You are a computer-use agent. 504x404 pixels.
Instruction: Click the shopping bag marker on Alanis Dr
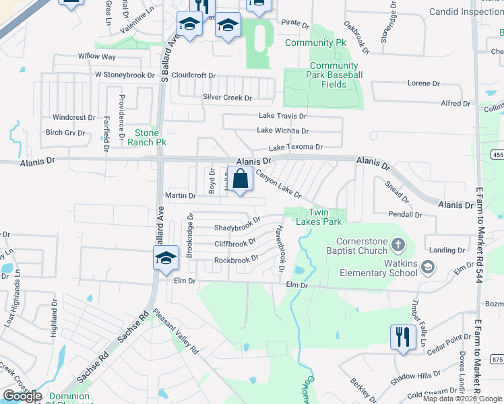pyautogui.click(x=240, y=180)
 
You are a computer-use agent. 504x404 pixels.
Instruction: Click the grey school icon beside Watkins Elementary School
pyautogui.click(x=427, y=268)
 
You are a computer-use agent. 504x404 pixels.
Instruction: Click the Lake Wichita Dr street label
pyautogui.click(x=282, y=131)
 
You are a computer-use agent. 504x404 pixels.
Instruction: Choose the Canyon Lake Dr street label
pyautogui.click(x=278, y=183)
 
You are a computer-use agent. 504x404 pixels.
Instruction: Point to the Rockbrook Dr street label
pyautogui.click(x=236, y=259)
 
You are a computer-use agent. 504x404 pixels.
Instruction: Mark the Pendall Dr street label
pyautogui.click(x=404, y=215)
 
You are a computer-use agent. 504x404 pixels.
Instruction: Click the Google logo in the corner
pyautogui.click(x=22, y=396)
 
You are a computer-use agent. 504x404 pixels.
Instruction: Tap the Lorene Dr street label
pyautogui.click(x=423, y=83)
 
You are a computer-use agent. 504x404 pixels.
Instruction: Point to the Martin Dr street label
pyautogui.click(x=180, y=196)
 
